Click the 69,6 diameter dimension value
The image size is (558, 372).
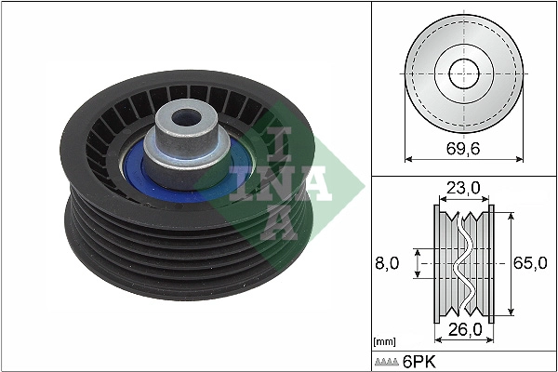463,149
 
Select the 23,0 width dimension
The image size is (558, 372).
462,188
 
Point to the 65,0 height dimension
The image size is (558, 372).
530,263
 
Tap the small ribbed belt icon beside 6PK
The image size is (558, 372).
386,361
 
